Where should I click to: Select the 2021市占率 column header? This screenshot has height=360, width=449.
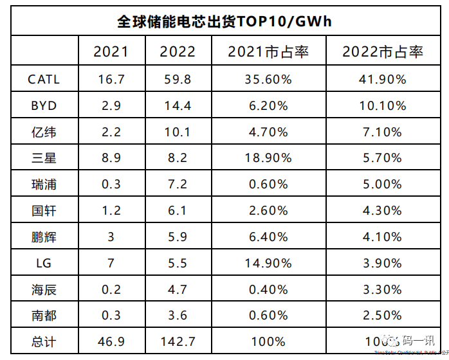tap(268, 52)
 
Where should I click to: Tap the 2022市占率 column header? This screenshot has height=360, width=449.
tap(383, 52)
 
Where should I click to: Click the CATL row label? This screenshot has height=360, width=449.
tap(44, 80)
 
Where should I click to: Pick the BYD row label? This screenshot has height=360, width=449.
tap(44, 106)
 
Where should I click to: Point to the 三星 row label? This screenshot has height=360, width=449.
tap(44, 158)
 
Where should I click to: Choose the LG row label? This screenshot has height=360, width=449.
tap(44, 263)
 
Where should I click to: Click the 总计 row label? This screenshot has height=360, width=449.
tap(44, 341)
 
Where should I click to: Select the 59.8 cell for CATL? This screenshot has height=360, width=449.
tap(178, 80)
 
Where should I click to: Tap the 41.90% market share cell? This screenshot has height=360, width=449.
tap(383, 80)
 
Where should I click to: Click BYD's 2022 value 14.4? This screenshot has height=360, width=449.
tap(178, 106)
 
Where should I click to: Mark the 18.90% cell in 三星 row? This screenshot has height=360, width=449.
tap(268, 158)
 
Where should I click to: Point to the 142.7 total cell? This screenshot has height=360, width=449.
tap(178, 341)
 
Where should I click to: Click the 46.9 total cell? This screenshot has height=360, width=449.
tap(111, 341)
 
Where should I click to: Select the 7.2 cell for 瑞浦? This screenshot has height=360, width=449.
tap(178, 184)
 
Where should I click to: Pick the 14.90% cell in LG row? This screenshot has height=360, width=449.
tap(268, 263)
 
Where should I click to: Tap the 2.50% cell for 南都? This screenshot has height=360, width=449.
tap(383, 316)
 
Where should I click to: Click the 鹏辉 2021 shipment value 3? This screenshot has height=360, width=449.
tap(111, 237)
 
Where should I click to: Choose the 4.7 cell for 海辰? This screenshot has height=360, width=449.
tap(178, 289)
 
